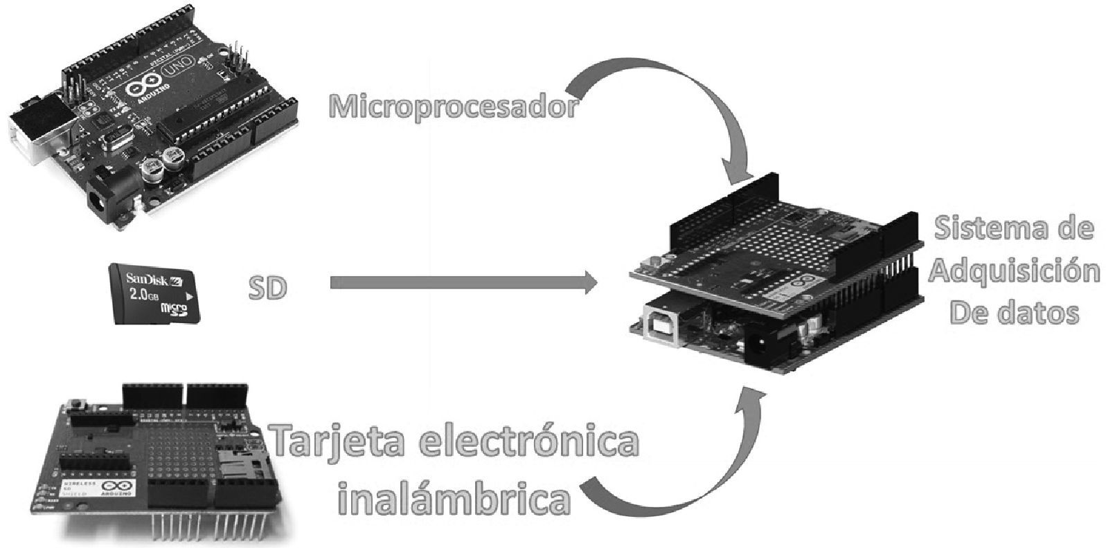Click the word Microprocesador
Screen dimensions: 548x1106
coord(452,107)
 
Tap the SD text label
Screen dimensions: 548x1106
coord(267,288)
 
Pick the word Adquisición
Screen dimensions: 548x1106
coord(1014,271)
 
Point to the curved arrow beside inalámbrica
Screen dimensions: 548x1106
coord(686,471)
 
